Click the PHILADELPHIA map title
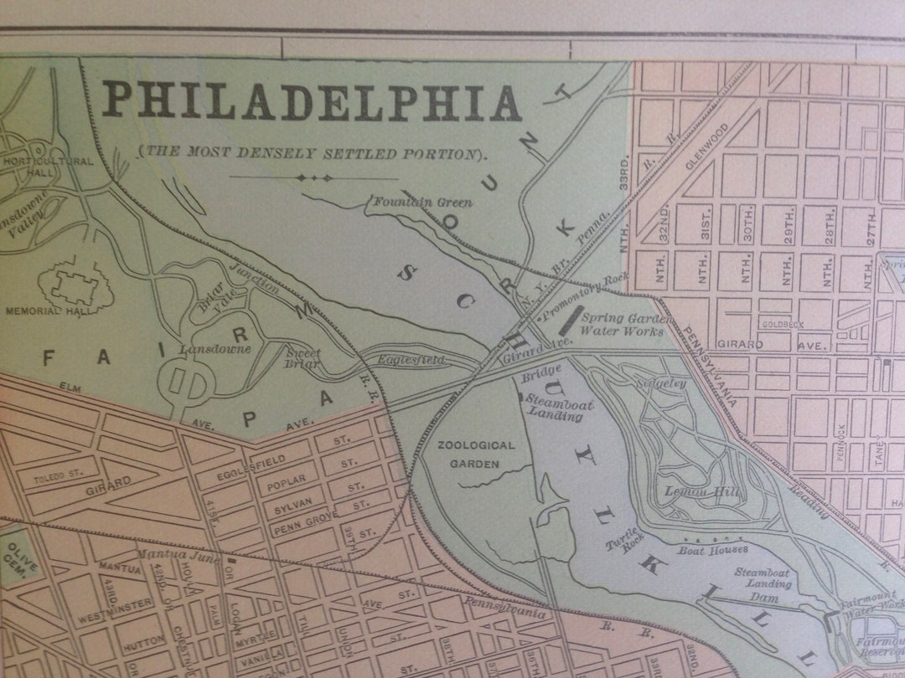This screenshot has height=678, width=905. (x=312, y=102)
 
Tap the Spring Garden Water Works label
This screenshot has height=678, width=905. (x=625, y=325)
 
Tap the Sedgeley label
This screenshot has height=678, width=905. (x=661, y=383)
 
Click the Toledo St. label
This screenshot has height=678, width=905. (x=59, y=475)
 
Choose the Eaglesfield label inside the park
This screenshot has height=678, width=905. (x=410, y=360)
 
